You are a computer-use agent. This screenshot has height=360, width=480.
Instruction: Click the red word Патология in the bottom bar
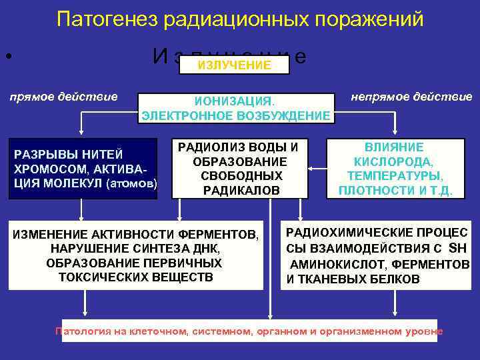pyautogui.click(x=80, y=331)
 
